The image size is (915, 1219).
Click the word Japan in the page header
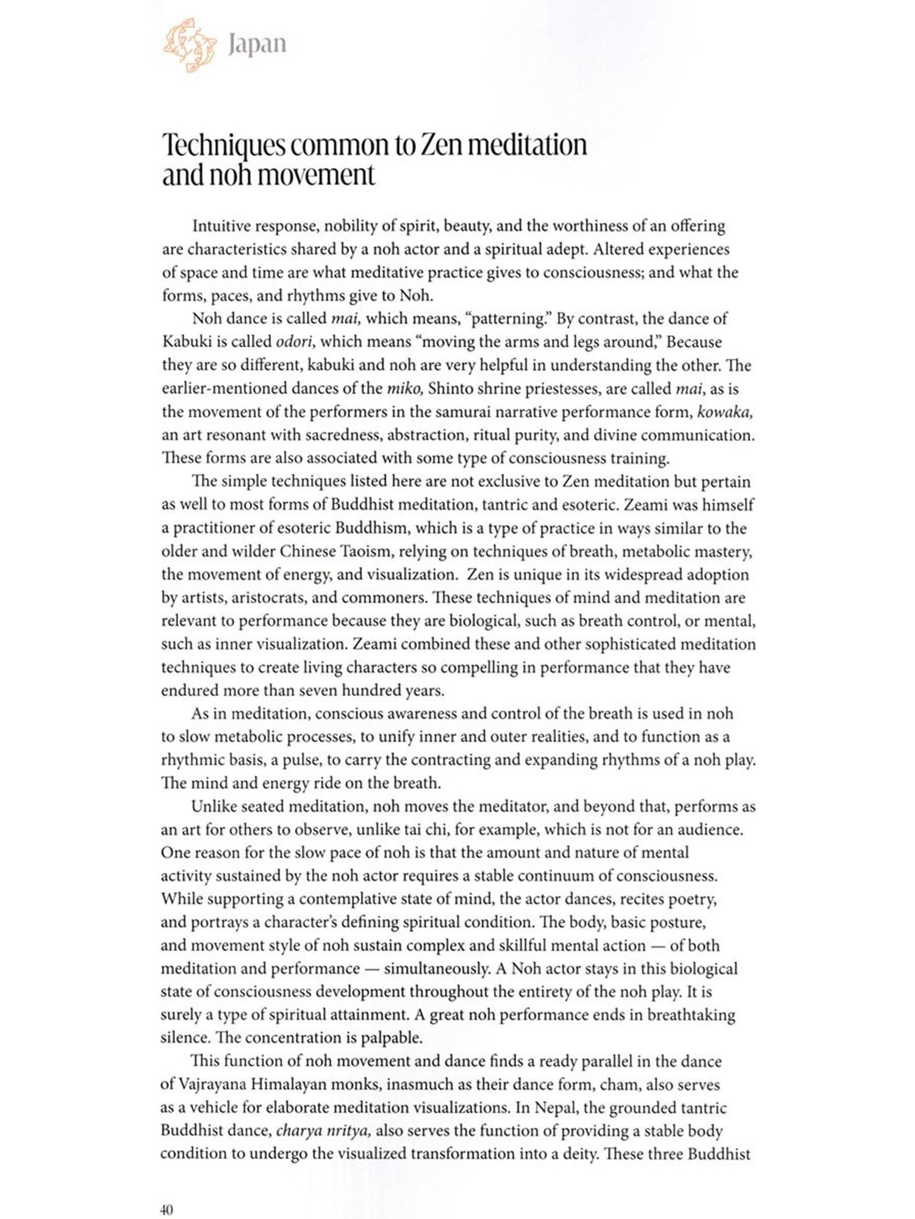257,44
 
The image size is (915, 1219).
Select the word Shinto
454,389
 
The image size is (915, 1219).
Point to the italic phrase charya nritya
323,1131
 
